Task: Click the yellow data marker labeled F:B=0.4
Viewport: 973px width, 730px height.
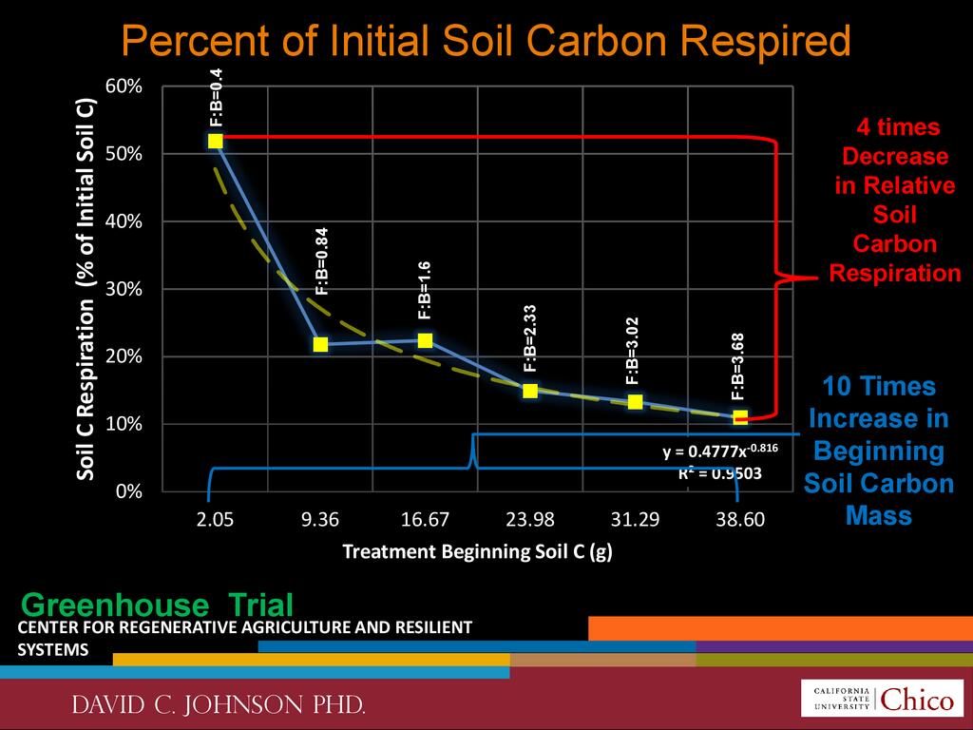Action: [216, 141]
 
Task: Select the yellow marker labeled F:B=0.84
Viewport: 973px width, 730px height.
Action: [320, 344]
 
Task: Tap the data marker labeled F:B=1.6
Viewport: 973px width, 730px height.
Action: [425, 340]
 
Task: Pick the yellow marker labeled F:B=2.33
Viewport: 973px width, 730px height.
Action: [530, 391]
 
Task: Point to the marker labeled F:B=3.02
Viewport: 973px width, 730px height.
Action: [635, 402]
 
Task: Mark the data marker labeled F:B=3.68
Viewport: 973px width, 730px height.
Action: [740, 416]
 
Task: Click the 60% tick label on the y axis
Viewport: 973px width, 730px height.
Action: [124, 86]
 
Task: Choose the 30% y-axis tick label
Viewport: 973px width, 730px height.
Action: [124, 289]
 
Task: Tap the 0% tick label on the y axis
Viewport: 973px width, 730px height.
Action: [128, 491]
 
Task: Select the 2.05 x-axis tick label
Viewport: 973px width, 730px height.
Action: [216, 520]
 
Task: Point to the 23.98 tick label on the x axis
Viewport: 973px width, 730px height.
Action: [530, 520]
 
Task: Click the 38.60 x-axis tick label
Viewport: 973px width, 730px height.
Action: [740, 520]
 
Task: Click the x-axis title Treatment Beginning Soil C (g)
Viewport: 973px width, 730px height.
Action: [476, 552]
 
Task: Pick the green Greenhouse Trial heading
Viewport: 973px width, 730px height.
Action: [157, 605]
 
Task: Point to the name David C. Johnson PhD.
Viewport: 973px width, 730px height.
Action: [219, 706]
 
